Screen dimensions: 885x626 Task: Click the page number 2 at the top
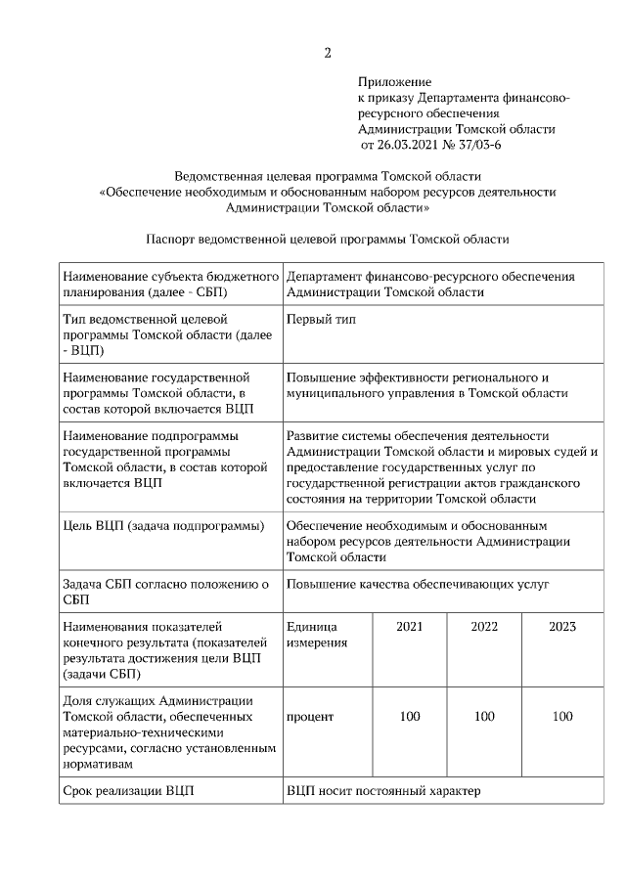(328, 52)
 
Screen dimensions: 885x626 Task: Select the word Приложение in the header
(394, 84)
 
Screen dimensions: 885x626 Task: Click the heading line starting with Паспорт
(327, 238)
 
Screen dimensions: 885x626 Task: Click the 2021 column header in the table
(410, 626)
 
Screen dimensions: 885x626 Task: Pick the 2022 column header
(484, 626)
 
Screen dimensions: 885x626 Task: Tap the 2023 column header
(562, 626)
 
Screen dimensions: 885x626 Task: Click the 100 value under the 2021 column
(410, 717)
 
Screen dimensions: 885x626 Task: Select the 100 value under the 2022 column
(484, 717)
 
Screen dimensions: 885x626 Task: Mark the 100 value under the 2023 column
(562, 717)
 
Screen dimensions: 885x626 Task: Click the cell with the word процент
(310, 717)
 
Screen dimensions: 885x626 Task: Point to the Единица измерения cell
(312, 635)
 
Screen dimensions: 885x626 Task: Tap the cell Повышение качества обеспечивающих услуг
(418, 584)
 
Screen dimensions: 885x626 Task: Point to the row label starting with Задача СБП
(164, 592)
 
